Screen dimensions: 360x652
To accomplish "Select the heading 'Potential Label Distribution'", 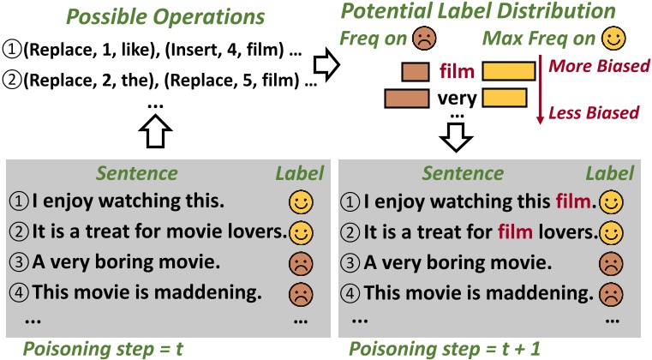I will click(x=478, y=12).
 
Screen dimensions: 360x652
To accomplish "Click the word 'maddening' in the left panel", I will click(x=214, y=292).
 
